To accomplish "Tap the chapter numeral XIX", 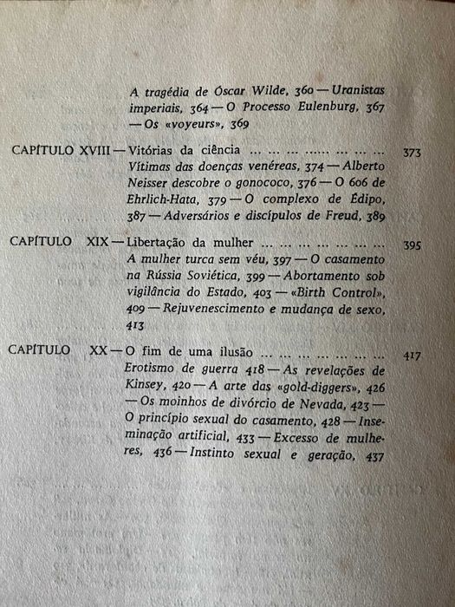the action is point(101,245).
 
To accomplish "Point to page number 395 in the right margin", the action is point(413,246).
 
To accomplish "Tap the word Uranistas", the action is point(358,90).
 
